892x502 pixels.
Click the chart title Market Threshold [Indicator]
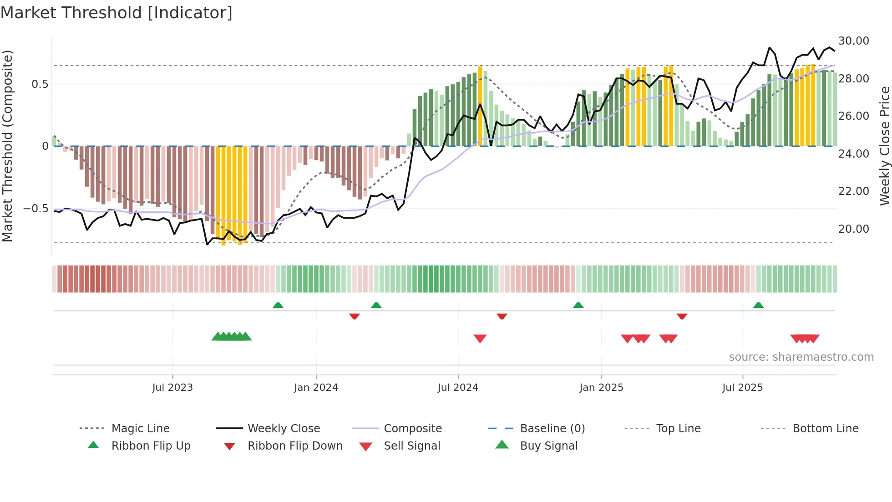tap(117, 13)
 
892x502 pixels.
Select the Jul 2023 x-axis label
tap(172, 388)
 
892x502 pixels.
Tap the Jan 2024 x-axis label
tap(316, 388)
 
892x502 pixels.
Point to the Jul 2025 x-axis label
tap(742, 388)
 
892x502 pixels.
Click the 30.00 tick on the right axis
tap(853, 41)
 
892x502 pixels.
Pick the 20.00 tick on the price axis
tap(853, 229)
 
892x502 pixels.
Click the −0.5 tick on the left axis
tap(36, 209)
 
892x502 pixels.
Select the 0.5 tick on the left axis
tap(40, 84)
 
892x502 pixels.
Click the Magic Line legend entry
tap(140, 429)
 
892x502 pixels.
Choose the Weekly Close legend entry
tap(284, 429)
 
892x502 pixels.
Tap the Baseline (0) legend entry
tap(552, 429)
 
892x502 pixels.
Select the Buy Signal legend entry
tap(548, 446)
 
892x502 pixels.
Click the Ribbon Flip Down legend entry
tap(295, 446)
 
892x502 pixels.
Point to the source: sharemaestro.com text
tap(801, 357)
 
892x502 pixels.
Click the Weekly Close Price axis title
tap(884, 146)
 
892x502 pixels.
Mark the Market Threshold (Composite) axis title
tap(7, 146)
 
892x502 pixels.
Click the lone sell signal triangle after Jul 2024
tap(480, 338)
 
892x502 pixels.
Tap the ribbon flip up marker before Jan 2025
tap(578, 305)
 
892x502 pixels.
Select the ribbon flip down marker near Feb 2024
tap(355, 316)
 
